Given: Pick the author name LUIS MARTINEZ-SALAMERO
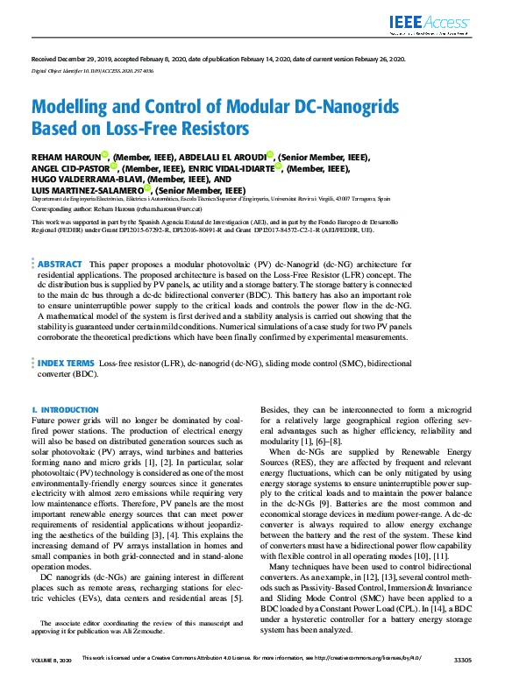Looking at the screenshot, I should tap(87, 189).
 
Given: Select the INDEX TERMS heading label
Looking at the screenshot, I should tap(67, 361).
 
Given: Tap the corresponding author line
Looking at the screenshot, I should tap(124, 210).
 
